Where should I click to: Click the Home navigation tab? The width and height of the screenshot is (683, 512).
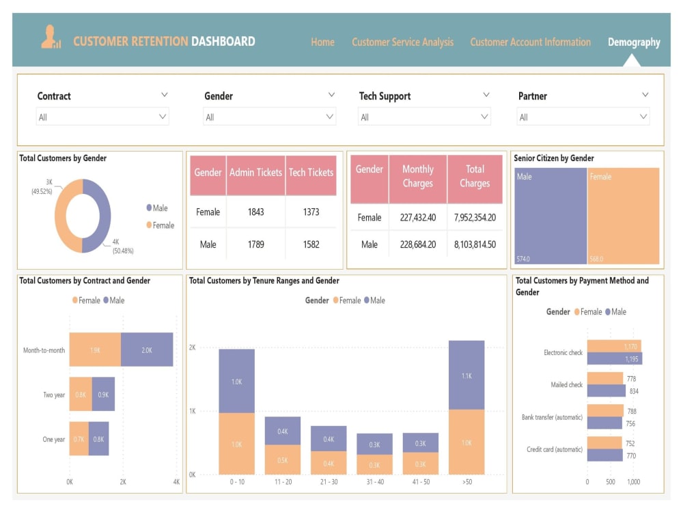point(322,42)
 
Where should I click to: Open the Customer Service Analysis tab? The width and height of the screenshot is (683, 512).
point(402,42)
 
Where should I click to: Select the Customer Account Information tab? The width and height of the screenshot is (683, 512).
point(530,42)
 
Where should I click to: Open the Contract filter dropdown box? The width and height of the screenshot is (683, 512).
point(102,117)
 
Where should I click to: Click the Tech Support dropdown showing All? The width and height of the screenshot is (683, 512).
point(424,117)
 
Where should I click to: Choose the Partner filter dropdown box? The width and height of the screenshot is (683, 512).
point(583,117)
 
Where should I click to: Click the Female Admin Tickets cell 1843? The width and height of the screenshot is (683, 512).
point(255,212)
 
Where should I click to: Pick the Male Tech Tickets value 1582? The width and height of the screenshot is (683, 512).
point(311,244)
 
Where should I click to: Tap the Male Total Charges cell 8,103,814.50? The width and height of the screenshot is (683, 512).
point(475,244)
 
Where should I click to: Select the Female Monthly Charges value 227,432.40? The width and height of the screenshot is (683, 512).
point(417,218)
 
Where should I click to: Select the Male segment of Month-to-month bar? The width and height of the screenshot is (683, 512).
point(147,350)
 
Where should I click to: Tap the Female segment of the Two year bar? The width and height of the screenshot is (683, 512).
point(80,394)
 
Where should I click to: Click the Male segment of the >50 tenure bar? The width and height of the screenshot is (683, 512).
point(466,375)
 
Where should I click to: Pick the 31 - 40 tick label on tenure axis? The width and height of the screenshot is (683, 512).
point(374,481)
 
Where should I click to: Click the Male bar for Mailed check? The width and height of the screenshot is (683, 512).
point(606,391)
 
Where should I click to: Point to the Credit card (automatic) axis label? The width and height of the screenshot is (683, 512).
point(554,450)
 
